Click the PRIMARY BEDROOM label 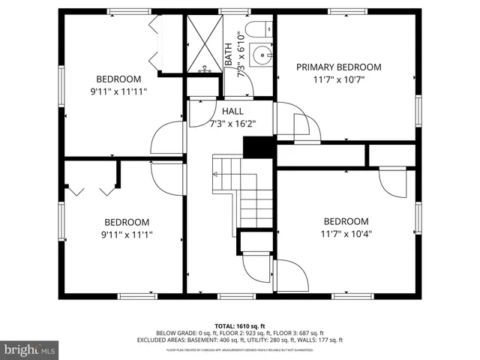tap(338, 67)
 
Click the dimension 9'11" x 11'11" tap(118, 91)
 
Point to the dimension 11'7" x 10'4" tap(346, 233)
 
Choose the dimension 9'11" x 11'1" tap(126, 234)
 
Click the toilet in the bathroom tap(259, 30)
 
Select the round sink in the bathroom tap(262, 55)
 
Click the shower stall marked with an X tap(204, 44)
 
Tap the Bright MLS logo tap(30, 349)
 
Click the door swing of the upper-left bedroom tap(166, 138)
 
